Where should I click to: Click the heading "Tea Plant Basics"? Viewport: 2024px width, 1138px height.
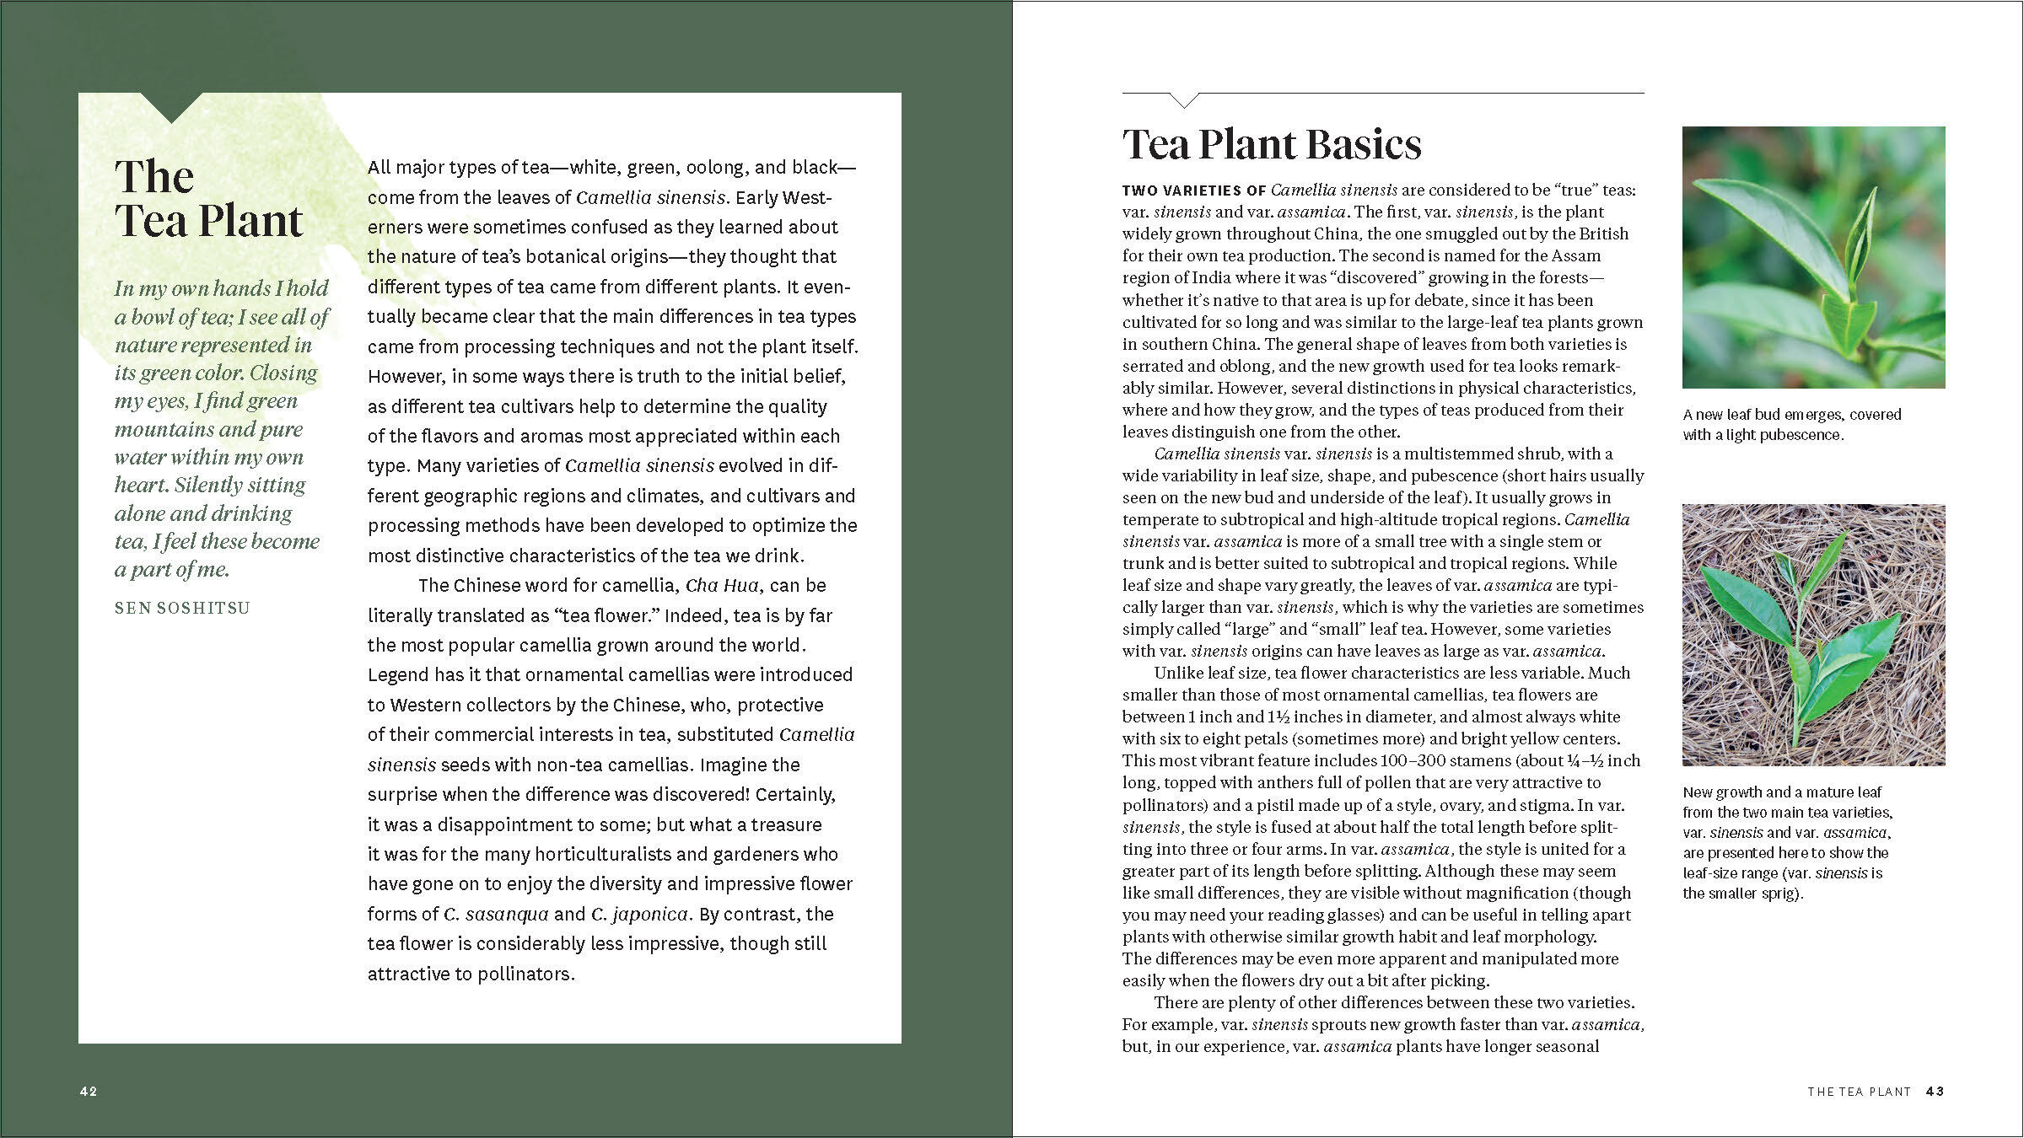1271,145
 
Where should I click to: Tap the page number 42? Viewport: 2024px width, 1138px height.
89,1092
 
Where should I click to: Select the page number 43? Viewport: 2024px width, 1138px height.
1935,1092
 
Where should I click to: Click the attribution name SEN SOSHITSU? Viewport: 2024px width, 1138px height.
182,608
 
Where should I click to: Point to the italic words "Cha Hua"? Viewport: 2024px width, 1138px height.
723,586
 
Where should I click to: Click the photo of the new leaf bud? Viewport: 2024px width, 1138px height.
1813,257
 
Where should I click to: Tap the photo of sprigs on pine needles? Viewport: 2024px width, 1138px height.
1813,635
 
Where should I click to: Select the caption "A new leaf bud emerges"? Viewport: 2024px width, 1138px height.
1792,415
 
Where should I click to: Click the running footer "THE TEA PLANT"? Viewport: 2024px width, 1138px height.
1859,1092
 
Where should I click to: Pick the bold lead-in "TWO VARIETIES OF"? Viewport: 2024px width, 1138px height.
1193,191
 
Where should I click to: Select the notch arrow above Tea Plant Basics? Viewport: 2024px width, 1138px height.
1184,100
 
